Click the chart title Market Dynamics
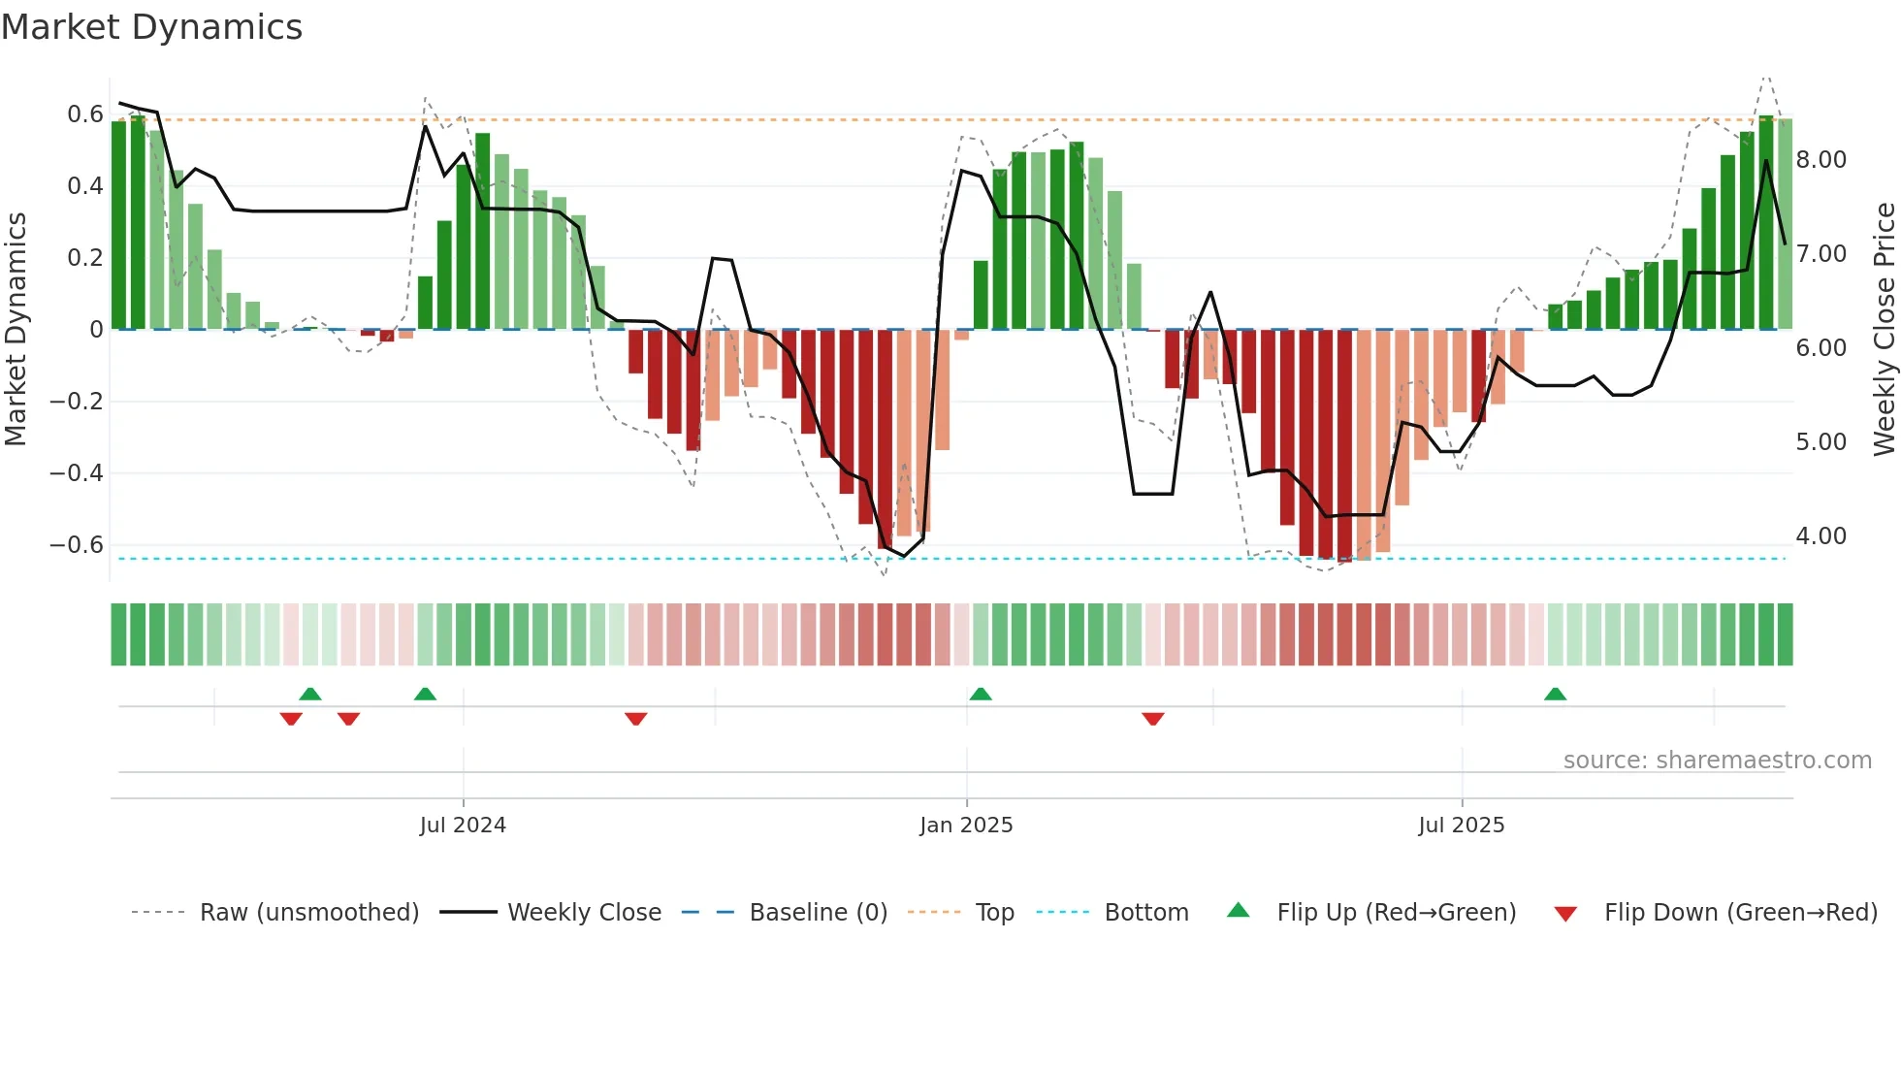click(x=152, y=27)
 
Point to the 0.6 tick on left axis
click(x=84, y=114)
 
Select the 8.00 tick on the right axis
click(x=1820, y=160)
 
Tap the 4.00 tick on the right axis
click(x=1820, y=536)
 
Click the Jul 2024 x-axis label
click(x=463, y=826)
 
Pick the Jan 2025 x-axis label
click(x=966, y=826)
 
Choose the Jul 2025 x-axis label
click(x=1461, y=826)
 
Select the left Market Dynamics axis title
click(x=16, y=330)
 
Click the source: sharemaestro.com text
click(x=1717, y=761)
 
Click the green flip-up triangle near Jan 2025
click(x=981, y=695)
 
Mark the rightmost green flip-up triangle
click(x=1555, y=695)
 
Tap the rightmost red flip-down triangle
click(x=1152, y=719)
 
